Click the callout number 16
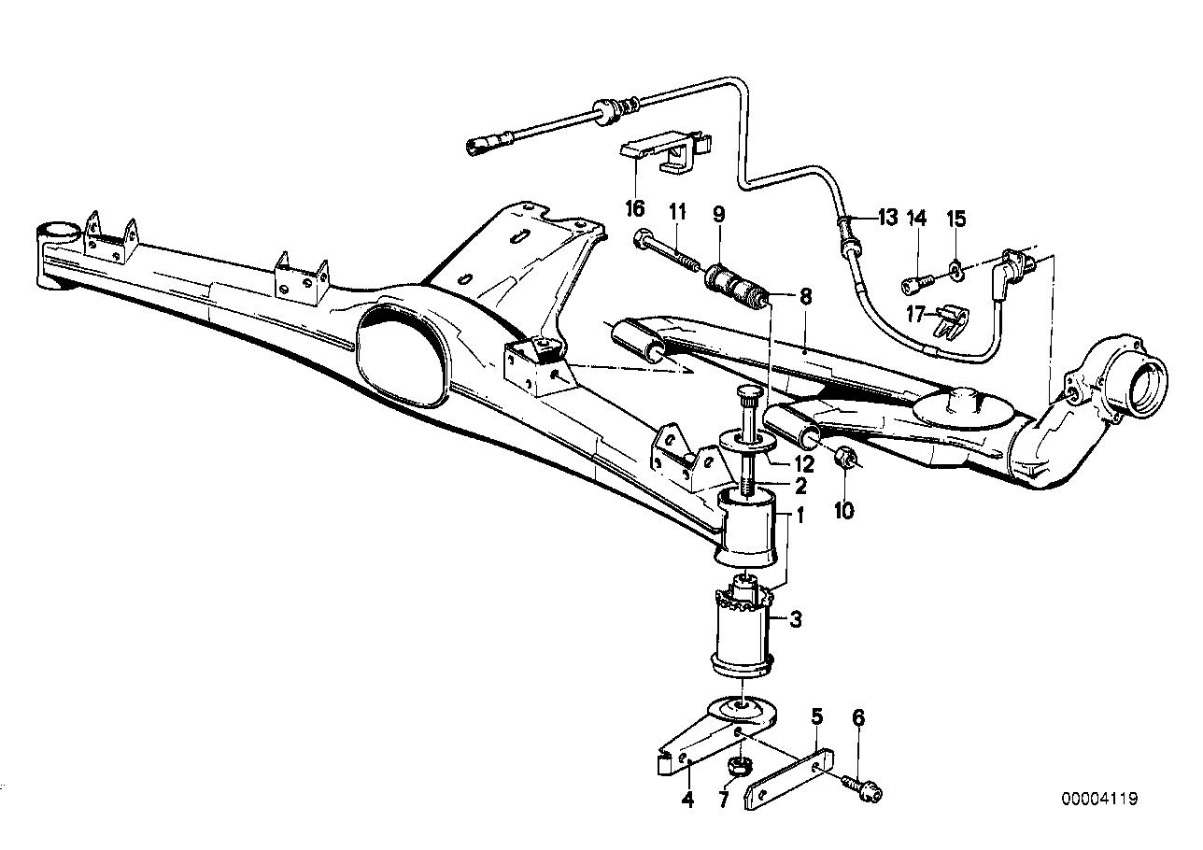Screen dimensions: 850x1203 tap(636, 207)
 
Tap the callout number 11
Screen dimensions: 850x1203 tap(677, 213)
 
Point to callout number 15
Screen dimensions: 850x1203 tap(956, 219)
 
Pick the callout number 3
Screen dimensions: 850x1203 tap(795, 618)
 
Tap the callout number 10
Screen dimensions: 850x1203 tap(844, 511)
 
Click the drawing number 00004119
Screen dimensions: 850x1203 tap(1099, 799)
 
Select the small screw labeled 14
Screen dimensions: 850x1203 tap(918, 277)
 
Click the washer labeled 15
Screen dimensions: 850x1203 tap(957, 272)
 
